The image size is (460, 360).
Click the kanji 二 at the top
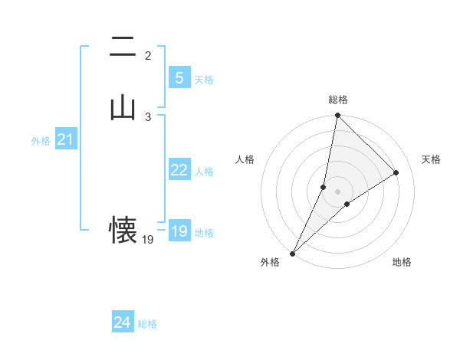point(123,47)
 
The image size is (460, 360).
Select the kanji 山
point(123,106)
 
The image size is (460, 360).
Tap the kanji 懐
point(123,229)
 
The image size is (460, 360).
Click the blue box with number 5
point(179,77)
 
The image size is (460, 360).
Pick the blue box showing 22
point(179,170)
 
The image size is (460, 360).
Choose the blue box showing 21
point(65,139)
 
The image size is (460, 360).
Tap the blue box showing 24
point(122,322)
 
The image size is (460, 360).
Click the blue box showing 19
point(179,231)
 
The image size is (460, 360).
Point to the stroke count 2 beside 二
point(148,56)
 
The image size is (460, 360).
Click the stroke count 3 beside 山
point(148,116)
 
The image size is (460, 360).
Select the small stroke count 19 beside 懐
point(148,240)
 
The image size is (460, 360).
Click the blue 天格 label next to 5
point(204,79)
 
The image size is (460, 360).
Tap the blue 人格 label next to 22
point(204,172)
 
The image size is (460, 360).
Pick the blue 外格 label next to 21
point(41,141)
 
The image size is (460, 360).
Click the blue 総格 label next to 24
point(147,324)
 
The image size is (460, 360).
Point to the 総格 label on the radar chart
point(337,100)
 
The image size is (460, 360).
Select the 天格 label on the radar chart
point(431,159)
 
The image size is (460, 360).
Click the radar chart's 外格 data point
point(292,253)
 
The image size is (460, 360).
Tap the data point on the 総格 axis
point(337,115)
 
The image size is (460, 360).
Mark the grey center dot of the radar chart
point(337,191)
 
